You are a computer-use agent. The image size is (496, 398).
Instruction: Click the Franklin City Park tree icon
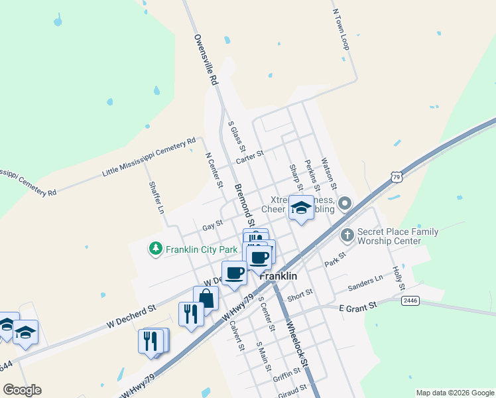click(x=155, y=249)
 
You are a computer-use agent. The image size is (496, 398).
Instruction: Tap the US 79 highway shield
click(x=396, y=177)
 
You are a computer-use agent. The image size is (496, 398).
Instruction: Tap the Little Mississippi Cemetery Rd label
click(x=149, y=157)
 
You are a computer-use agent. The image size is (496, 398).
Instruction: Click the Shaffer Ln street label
click(x=156, y=197)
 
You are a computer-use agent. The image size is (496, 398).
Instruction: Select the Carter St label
click(x=250, y=157)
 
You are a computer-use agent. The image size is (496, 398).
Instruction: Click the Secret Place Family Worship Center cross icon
click(x=347, y=235)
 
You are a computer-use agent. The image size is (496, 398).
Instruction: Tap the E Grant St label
click(x=357, y=306)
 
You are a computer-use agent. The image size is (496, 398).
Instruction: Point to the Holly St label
click(x=398, y=278)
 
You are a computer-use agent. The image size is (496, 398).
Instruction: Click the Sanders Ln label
click(x=365, y=283)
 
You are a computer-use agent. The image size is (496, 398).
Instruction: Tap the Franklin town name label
click(x=278, y=276)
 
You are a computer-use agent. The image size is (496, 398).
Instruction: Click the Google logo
click(x=22, y=390)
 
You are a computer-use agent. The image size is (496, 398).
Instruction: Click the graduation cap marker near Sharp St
click(x=301, y=208)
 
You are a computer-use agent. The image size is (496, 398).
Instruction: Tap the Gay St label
click(x=212, y=226)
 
